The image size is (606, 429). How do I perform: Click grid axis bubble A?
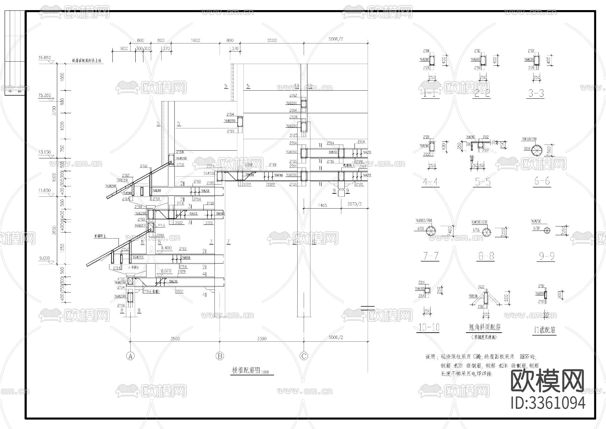[x=130, y=356]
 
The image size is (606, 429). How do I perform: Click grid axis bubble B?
[x=220, y=356]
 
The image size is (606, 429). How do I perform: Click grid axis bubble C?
[x=304, y=356]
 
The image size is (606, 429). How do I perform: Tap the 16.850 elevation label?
[x=44, y=58]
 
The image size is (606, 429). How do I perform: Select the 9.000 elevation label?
[x=44, y=258]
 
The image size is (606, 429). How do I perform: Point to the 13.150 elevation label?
[x=44, y=152]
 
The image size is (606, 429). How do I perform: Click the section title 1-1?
[x=430, y=93]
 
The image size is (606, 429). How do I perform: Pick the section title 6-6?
[x=542, y=181]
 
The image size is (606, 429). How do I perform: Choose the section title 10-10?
[x=429, y=327]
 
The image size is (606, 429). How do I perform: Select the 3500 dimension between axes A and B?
[x=175, y=338]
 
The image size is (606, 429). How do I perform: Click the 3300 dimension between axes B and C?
[x=262, y=338]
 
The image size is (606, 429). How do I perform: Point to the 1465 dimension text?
[x=322, y=205]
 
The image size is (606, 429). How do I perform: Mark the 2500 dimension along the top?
[x=272, y=40]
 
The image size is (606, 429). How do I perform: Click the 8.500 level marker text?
[x=166, y=271]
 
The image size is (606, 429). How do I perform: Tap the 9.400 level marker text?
[x=166, y=248]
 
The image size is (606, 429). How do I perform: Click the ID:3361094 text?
[x=548, y=403]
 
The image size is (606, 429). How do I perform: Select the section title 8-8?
[x=486, y=256]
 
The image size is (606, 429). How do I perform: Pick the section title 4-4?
[x=430, y=182]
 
